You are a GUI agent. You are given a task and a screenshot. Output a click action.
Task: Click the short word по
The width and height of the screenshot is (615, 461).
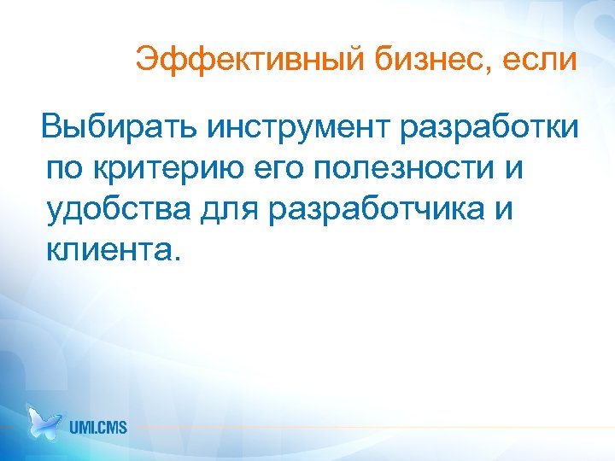click(65, 170)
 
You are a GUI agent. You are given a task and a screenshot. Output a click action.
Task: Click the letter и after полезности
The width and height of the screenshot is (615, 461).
click(512, 170)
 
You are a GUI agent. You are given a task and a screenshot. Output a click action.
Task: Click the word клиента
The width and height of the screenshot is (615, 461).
click(106, 250)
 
